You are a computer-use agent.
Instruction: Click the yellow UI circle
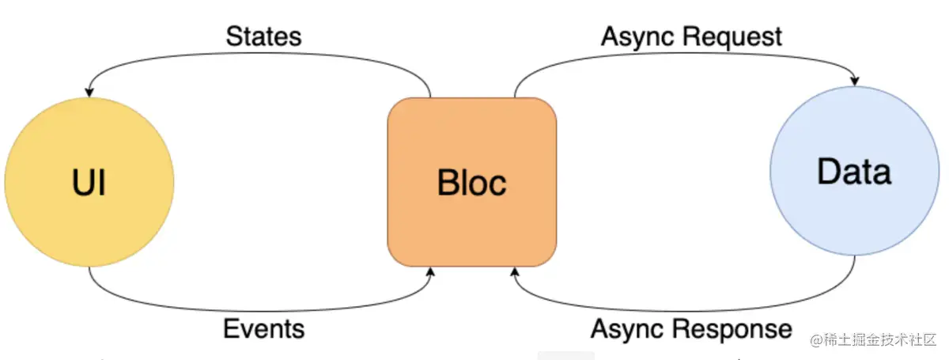[89, 182]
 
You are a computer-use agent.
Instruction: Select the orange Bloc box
[472, 182]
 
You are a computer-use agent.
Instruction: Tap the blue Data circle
[855, 171]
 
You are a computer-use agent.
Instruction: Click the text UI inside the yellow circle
[89, 182]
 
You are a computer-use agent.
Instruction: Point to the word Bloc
[472, 182]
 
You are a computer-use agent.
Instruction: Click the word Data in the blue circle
[854, 172]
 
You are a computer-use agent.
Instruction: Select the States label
[263, 36]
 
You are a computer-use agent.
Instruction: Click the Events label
[263, 328]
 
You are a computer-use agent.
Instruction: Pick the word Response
[732, 330]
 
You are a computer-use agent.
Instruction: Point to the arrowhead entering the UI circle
[89, 93]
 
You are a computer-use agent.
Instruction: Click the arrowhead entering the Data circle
[855, 81]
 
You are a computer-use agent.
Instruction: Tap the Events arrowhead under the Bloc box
[430, 272]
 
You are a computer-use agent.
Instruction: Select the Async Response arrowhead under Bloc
[515, 272]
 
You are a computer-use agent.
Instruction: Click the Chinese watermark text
[873, 339]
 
